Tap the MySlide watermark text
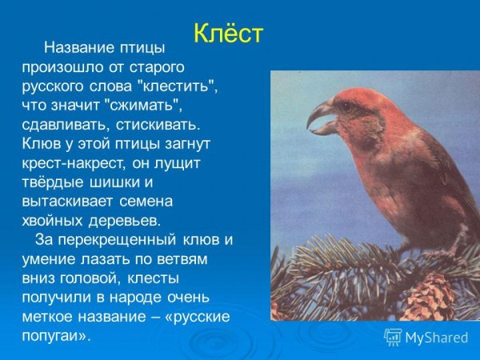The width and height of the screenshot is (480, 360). point(436,337)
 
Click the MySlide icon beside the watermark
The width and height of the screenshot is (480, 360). point(393,337)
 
